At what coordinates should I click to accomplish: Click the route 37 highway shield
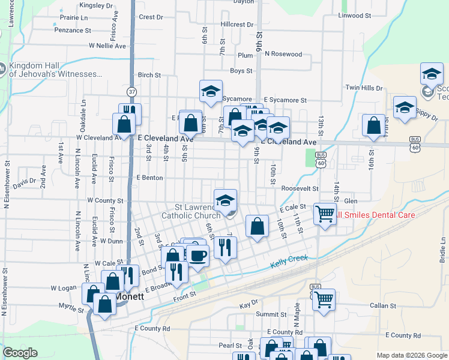coord(132,92)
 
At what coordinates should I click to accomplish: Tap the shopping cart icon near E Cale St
coord(324,214)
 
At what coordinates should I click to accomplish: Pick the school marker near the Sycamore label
coord(211,91)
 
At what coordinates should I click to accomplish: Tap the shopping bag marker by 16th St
coord(373,126)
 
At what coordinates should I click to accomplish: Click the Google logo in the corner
coord(20,353)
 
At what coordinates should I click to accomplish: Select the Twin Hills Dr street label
coord(364,88)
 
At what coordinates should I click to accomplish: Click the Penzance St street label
coord(72,29)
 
